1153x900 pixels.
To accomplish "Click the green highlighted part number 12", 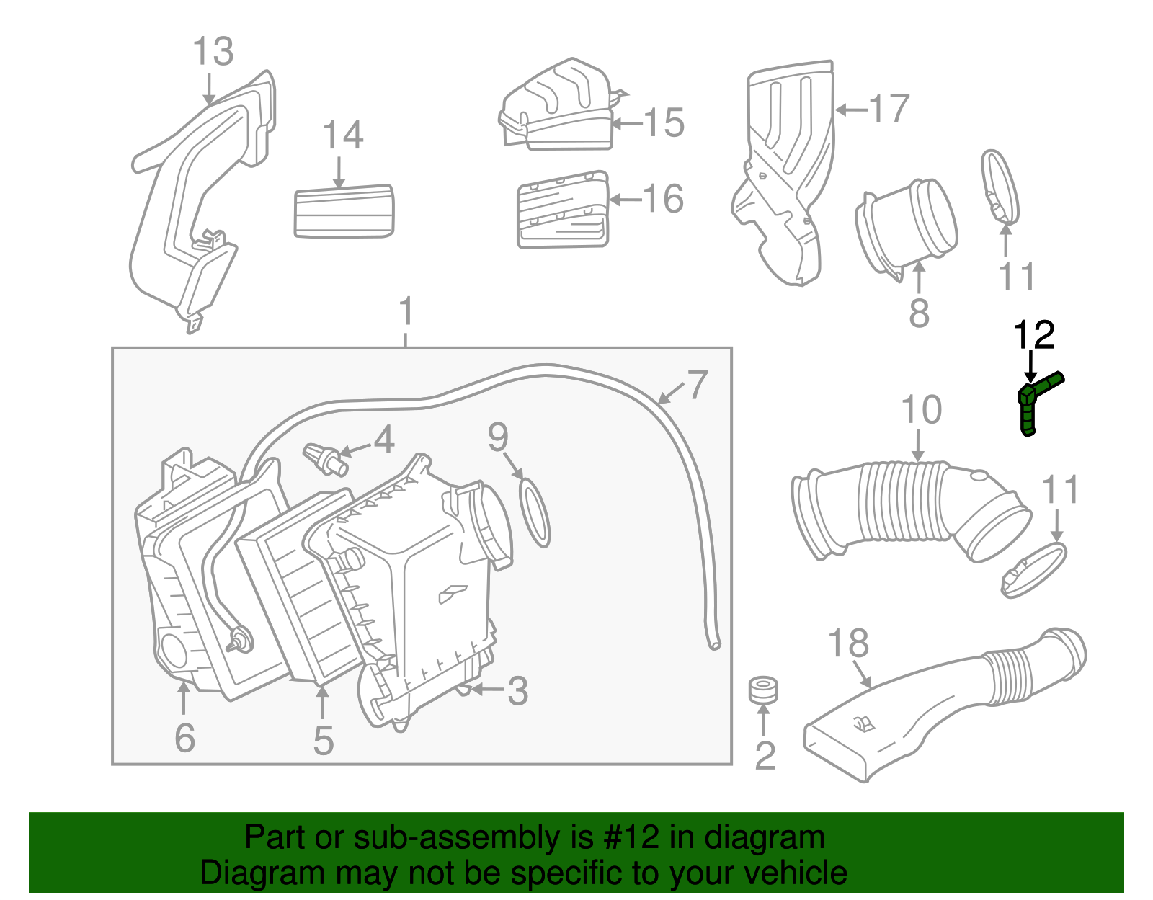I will [1032, 404].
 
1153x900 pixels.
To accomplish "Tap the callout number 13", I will [213, 52].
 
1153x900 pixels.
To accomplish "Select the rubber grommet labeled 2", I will [762, 690].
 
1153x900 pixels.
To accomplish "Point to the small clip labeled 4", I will [324, 459].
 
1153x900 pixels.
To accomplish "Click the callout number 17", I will [889, 109].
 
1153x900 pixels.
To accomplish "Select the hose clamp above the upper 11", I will [1000, 186].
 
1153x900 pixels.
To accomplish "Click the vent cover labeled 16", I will [563, 210].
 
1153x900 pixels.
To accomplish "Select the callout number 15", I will [663, 122].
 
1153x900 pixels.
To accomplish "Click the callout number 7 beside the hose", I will [697, 385].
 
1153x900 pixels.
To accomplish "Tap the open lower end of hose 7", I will [714, 643].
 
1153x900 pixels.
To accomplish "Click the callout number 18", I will [848, 643].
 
